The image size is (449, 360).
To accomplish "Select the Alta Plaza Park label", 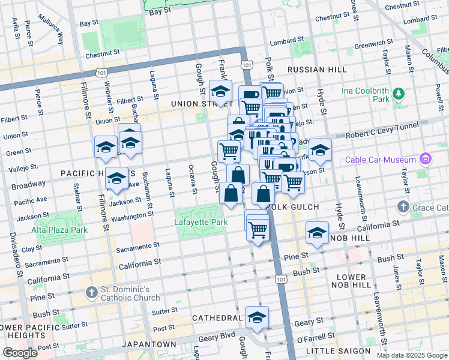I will (x=60, y=230).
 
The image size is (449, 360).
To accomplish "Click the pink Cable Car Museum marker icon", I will (x=426, y=160).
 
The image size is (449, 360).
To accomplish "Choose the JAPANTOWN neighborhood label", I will (x=148, y=344).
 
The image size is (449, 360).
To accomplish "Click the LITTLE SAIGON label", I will (x=338, y=350).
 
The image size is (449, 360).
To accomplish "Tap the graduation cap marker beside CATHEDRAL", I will (x=257, y=317).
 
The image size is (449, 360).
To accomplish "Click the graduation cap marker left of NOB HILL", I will (x=317, y=233).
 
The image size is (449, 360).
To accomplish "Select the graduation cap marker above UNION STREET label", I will (x=221, y=91).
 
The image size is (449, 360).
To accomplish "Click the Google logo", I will (x=20, y=352).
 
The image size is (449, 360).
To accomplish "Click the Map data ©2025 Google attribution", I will (x=412, y=355).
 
